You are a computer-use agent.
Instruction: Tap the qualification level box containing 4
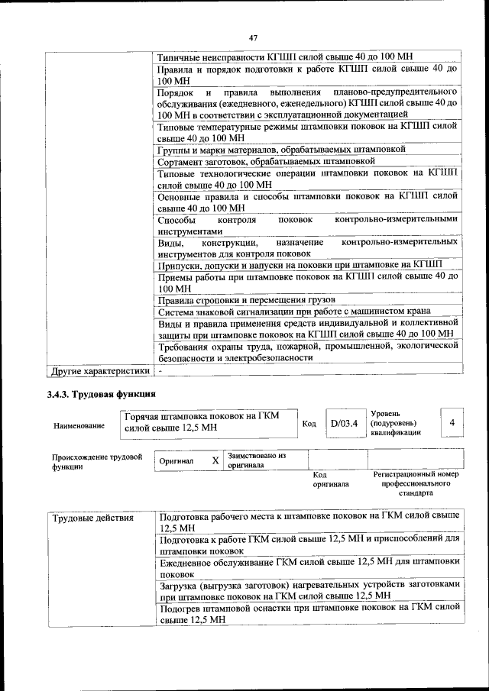452,422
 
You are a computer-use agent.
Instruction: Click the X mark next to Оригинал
215,460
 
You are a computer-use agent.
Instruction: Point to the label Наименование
79,426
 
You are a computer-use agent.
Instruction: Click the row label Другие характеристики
99,371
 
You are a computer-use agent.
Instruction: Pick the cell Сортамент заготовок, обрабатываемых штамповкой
267,162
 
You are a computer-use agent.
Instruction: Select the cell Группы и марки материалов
281,150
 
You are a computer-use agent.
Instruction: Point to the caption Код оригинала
329,479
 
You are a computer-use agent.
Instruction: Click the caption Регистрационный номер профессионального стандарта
416,483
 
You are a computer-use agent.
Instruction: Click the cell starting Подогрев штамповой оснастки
309,614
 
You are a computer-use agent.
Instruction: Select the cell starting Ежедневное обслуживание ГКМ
309,567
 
